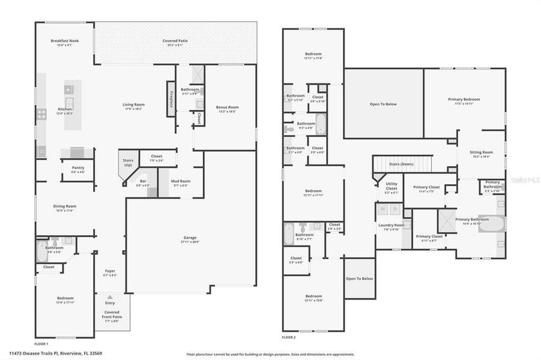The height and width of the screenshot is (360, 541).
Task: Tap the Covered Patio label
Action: (175, 41)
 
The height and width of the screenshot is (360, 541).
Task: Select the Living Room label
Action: (134, 104)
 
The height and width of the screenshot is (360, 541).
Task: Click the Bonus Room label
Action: (227, 107)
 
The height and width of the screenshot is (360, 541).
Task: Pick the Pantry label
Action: (78, 168)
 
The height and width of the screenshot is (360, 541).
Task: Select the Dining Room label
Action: (65, 206)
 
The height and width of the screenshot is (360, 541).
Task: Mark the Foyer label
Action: (110, 271)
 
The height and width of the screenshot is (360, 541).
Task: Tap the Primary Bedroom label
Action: (464, 99)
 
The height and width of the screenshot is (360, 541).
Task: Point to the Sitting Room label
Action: (481, 152)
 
